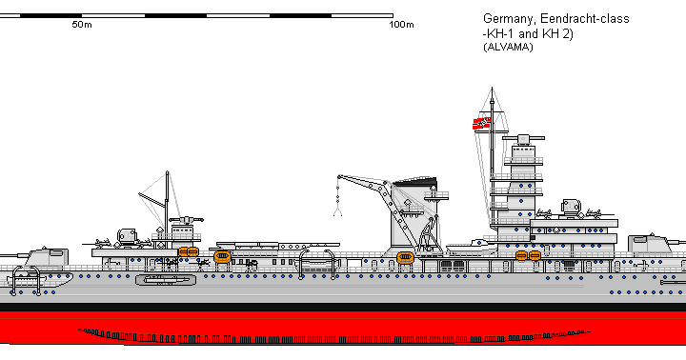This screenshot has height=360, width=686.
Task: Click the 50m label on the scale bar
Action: pyautogui.click(x=82, y=25)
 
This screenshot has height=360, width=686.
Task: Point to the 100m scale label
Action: pyautogui.click(x=402, y=25)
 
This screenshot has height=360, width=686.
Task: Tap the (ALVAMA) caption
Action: pyautogui.click(x=509, y=47)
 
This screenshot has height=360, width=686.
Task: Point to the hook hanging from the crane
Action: pyautogui.click(x=337, y=210)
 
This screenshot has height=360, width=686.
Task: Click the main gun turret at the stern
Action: pyautogui.click(x=42, y=257)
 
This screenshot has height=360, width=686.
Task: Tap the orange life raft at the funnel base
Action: pyautogui.click(x=405, y=255)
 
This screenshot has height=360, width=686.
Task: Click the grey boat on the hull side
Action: pyautogui.click(x=163, y=280)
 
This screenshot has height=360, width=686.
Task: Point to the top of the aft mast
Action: pyautogui.click(x=168, y=174)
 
